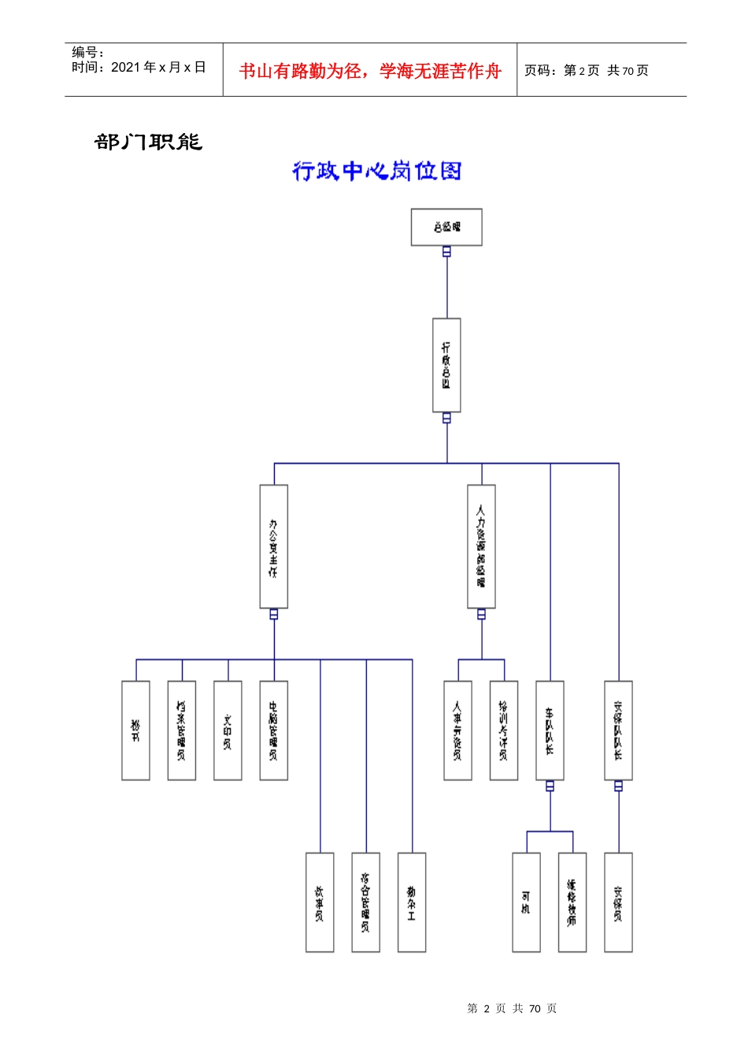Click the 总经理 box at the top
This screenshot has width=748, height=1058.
pos(446,228)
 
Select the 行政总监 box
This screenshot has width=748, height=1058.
pos(446,365)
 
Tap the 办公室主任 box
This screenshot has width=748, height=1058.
pos(274,546)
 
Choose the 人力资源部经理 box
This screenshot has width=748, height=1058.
pos(481,546)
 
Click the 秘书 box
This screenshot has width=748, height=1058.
pos(135,731)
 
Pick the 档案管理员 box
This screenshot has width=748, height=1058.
pos(182,731)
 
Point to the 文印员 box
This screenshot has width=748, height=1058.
pos(228,731)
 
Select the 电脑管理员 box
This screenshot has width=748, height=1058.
pos(274,731)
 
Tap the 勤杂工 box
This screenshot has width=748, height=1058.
pos(412,902)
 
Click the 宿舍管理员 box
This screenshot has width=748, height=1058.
pos(365,902)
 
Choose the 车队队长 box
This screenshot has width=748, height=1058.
pos(550,731)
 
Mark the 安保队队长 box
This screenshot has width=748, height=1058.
pos(618,731)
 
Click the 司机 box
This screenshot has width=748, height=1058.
pos(526,902)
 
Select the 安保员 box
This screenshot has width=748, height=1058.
pos(618,902)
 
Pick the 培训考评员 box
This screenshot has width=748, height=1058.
pos(504,731)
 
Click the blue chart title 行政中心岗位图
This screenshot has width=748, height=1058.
pos(376,171)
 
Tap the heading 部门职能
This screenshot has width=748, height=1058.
pos(148,142)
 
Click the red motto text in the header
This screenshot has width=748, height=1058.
pos(370,71)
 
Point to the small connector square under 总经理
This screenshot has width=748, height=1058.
pos(446,252)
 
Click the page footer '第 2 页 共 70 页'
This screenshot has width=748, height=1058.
pos(512,1008)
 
